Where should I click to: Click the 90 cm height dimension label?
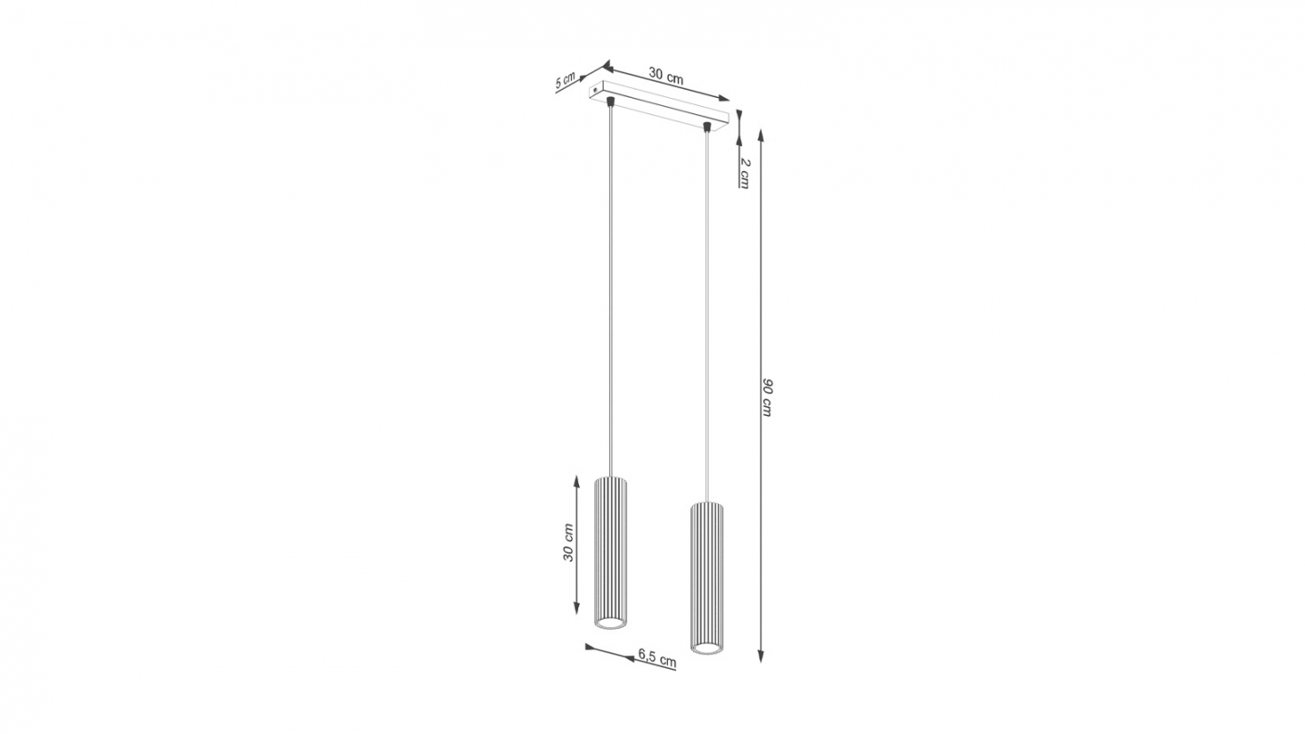[x=768, y=397]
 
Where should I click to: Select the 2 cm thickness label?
[x=745, y=172]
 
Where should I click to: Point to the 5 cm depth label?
[x=565, y=81]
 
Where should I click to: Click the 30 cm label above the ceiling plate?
[x=666, y=76]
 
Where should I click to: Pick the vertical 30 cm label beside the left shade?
[x=568, y=542]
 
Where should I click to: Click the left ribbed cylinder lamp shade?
[x=610, y=553]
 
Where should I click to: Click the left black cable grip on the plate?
[x=610, y=101]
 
